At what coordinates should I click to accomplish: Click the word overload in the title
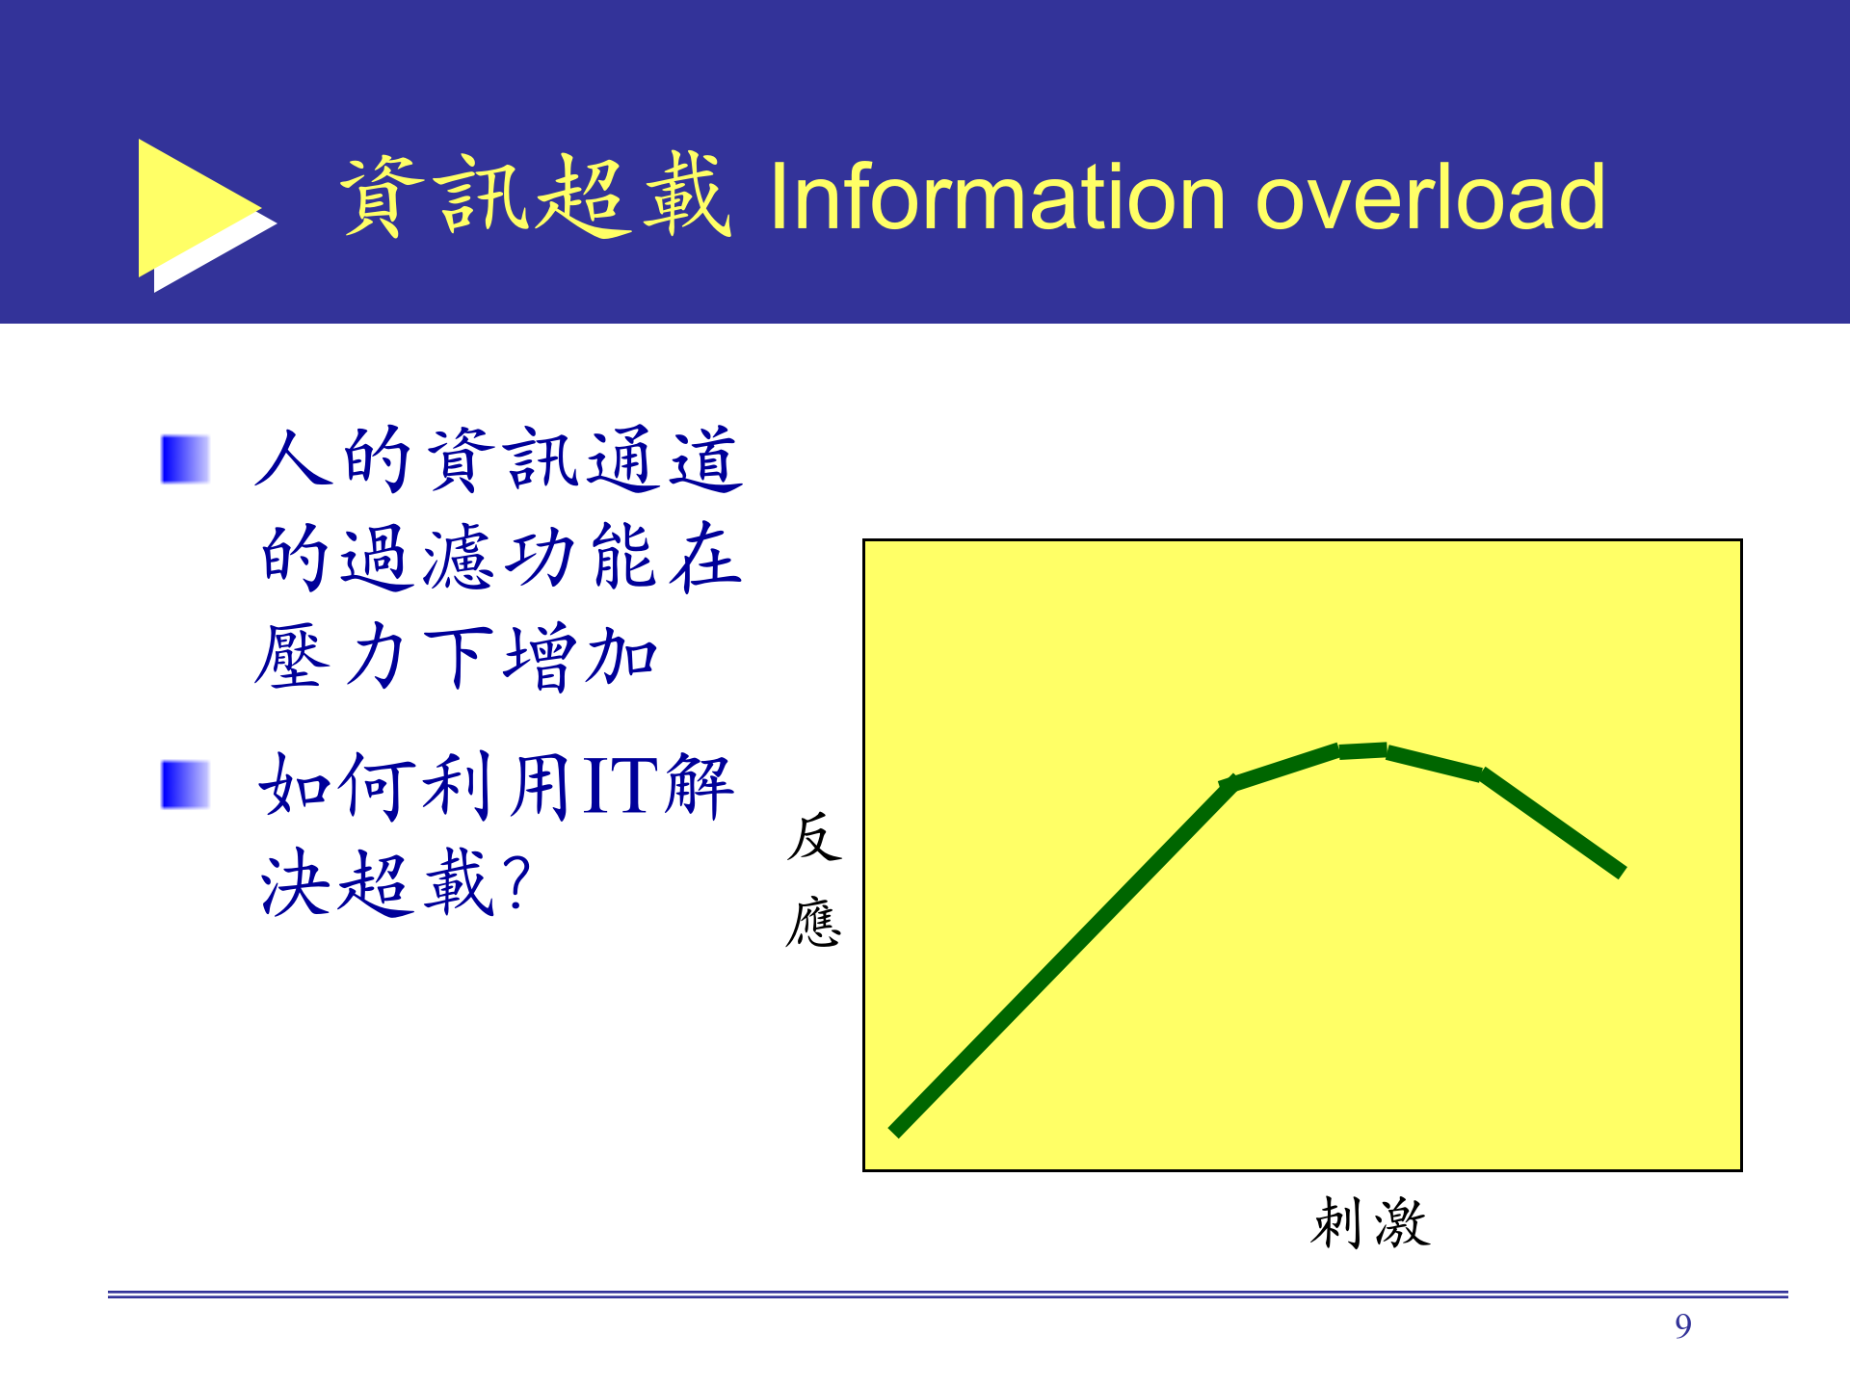click(1430, 197)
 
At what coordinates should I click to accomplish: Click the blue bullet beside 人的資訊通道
click(185, 459)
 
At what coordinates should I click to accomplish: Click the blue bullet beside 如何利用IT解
click(185, 784)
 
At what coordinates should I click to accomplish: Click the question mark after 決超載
click(516, 880)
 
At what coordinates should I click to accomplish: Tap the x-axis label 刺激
click(1370, 1223)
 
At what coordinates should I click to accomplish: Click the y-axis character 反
click(814, 836)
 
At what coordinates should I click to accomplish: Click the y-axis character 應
click(814, 922)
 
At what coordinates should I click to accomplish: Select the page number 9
click(1682, 1326)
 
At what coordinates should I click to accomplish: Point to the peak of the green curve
click(1362, 750)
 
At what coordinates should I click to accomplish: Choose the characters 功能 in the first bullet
click(579, 558)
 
